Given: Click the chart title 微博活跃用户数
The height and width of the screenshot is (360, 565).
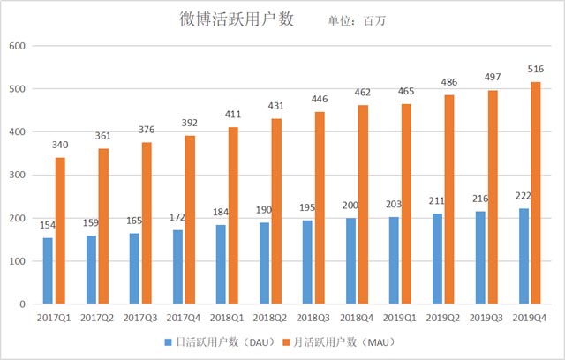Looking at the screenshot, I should coord(237,19).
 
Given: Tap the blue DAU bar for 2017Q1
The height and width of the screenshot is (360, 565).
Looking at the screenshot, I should coord(47,271).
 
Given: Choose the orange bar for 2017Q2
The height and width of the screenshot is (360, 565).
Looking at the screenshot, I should coord(103,226).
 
